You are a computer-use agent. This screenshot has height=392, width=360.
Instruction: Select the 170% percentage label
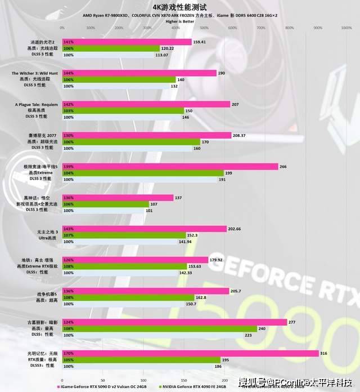click(x=69, y=353)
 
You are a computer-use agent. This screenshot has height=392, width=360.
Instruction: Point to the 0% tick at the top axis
click(x=62, y=27)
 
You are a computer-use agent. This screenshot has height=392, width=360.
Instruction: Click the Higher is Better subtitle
click(x=180, y=21)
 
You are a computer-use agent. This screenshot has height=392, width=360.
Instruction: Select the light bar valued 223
click(x=152, y=335)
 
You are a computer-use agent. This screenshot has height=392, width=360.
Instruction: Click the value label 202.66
click(x=235, y=229)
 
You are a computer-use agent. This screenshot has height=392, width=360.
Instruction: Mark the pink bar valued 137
click(x=118, y=198)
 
